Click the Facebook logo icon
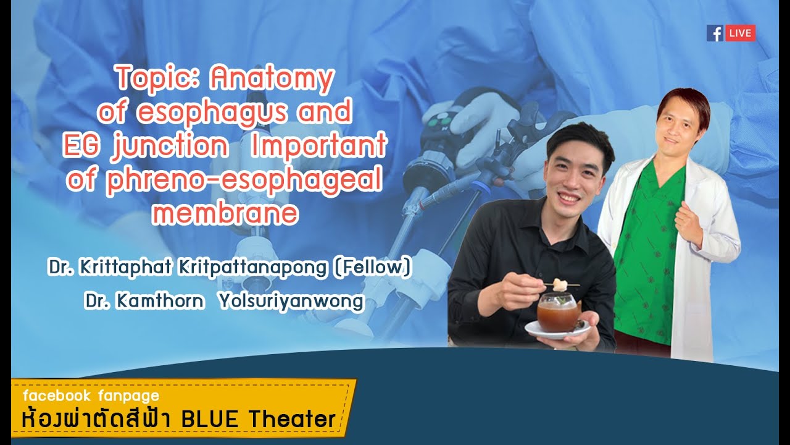[x=715, y=33]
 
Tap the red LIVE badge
[x=740, y=33]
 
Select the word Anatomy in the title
[x=272, y=79]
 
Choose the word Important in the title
[x=319, y=146]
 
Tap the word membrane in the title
[x=225, y=213]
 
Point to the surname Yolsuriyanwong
[x=291, y=301]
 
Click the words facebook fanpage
[x=91, y=396]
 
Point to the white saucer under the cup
[x=557, y=331]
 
